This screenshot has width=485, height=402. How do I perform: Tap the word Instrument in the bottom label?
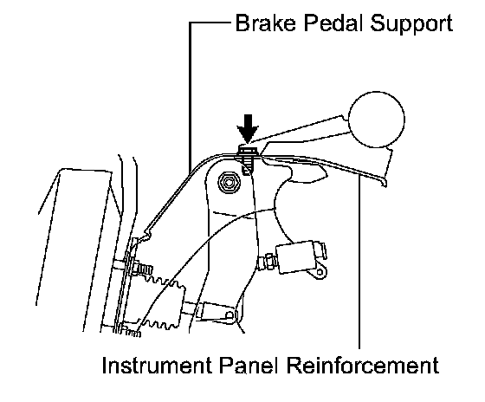[157, 366]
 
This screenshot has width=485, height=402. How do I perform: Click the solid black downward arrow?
[248, 128]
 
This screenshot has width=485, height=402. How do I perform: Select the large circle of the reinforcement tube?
[377, 120]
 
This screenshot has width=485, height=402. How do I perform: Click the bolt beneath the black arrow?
[248, 159]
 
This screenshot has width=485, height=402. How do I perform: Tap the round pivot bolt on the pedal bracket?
[229, 183]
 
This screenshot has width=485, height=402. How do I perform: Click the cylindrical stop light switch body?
[296, 257]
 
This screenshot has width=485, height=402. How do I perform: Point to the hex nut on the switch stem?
[269, 262]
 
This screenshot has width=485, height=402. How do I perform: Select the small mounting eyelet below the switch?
[320, 272]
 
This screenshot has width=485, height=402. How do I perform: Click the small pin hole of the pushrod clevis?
[230, 315]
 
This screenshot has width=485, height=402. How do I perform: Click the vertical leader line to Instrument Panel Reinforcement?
[359, 262]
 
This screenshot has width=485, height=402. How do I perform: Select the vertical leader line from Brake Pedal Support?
[190, 98]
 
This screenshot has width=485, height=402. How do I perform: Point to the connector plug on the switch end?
[320, 250]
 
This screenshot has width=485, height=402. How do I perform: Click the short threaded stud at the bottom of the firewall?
[132, 332]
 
